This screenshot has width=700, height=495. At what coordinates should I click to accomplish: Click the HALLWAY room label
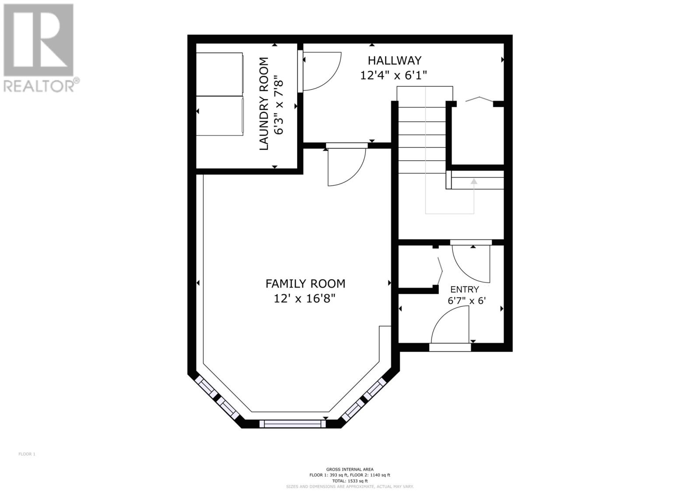click(394, 60)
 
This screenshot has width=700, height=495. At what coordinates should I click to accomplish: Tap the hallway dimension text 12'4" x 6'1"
click(393, 75)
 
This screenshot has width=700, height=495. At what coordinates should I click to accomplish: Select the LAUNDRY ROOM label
click(264, 104)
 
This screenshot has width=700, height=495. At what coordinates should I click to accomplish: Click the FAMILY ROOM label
click(305, 284)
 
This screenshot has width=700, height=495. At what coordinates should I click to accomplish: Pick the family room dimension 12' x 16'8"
click(304, 298)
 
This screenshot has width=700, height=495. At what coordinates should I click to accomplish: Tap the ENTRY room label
click(464, 289)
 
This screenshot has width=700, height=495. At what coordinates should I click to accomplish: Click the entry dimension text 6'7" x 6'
click(466, 301)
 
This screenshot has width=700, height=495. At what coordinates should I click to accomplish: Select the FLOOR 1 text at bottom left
click(27, 454)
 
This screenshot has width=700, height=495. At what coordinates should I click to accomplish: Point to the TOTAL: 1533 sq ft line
click(350, 481)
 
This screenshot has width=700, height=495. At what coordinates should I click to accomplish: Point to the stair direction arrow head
click(473, 181)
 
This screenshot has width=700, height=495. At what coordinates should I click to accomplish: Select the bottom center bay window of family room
click(292, 423)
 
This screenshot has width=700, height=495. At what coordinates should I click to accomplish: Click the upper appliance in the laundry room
click(219, 74)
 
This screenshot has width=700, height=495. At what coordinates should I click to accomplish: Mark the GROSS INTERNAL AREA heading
click(350, 469)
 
